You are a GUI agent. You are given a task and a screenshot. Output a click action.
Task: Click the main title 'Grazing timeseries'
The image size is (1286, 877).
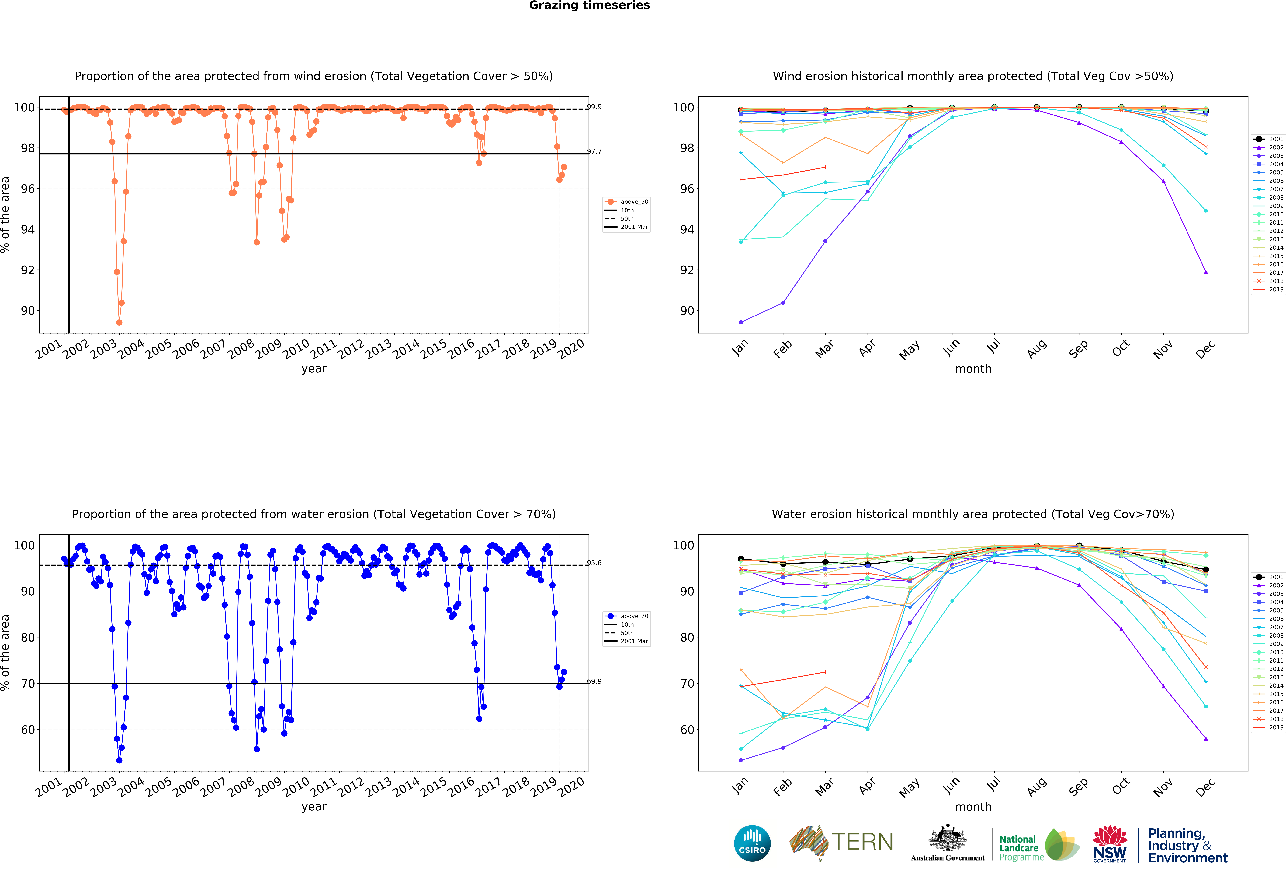(x=589, y=5)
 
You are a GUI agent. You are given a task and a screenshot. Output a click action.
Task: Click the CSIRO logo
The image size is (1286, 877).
(x=752, y=843)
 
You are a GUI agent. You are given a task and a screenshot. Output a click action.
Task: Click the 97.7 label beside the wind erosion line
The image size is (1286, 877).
(x=594, y=151)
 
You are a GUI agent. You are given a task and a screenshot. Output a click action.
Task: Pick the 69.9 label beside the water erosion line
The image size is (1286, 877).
(x=594, y=681)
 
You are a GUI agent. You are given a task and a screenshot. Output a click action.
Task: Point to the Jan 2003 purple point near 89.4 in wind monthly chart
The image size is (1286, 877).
(x=741, y=322)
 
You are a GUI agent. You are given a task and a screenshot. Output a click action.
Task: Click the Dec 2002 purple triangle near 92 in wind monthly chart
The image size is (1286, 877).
(x=1206, y=272)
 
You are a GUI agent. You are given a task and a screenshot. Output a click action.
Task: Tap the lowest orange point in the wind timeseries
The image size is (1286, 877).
(x=119, y=322)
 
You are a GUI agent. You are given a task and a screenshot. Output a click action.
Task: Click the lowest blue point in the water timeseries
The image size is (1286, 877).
(x=119, y=760)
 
